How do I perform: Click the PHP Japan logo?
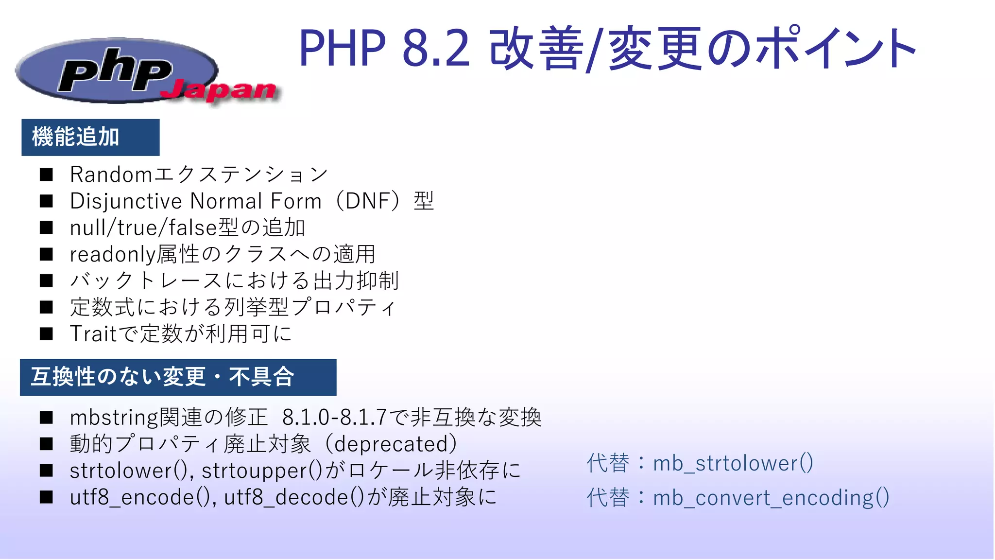click(x=117, y=70)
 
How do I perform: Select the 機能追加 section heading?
click(x=76, y=137)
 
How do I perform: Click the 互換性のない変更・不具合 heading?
click(x=163, y=377)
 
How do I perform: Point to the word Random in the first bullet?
click(x=111, y=175)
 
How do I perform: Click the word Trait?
click(x=93, y=334)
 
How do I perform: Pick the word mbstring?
click(x=114, y=418)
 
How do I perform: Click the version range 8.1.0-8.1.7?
click(x=334, y=418)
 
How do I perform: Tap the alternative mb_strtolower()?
click(x=733, y=463)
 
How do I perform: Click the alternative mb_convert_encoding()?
click(x=771, y=498)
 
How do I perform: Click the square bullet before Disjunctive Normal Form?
click(x=47, y=201)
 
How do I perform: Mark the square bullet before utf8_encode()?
click(x=47, y=497)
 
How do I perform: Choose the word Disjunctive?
click(x=126, y=201)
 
